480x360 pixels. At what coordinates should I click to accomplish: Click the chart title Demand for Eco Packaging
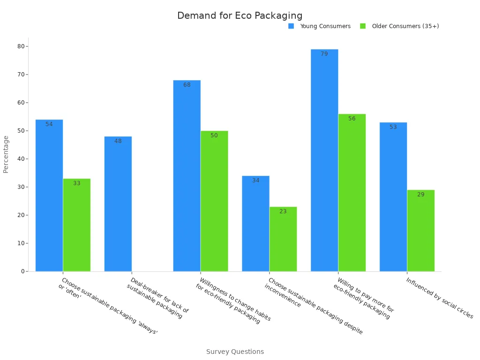(240, 15)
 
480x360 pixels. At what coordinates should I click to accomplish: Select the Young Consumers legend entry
(325, 26)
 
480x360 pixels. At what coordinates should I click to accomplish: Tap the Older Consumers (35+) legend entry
(405, 26)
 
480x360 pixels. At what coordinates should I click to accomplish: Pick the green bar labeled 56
(352, 193)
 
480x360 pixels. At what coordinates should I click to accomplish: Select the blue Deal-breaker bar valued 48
(118, 204)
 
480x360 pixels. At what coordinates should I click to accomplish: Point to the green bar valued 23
(283, 239)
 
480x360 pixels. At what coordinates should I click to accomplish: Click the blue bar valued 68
(187, 176)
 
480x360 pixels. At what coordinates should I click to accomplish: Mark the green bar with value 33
(76, 225)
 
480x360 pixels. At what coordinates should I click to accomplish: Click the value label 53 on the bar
(393, 127)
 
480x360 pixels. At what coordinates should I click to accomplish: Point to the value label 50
(214, 135)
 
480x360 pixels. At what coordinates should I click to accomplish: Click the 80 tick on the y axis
(21, 46)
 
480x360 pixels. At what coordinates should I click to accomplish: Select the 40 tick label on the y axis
(21, 159)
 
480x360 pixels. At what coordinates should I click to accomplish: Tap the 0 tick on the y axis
(22, 271)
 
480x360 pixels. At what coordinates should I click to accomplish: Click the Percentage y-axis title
(6, 154)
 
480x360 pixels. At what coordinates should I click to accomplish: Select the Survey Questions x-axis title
(235, 352)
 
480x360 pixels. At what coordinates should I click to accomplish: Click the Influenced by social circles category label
(439, 298)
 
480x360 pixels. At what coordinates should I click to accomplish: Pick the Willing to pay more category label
(363, 298)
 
